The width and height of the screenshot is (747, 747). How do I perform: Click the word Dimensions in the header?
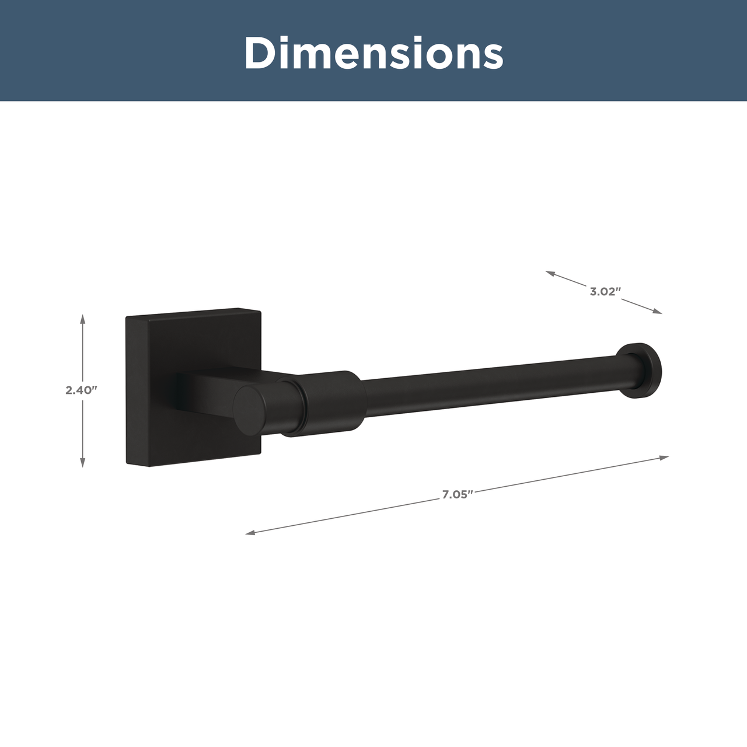(373, 53)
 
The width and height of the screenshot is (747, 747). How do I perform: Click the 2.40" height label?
(81, 390)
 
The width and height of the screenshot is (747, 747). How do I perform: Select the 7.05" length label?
(458, 495)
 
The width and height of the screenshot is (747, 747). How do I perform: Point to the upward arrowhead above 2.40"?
(82, 319)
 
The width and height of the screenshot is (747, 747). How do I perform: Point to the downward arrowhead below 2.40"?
(82, 462)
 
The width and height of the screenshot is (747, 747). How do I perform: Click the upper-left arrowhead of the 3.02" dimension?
(550, 273)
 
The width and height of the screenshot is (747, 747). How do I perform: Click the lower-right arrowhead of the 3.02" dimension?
(658, 311)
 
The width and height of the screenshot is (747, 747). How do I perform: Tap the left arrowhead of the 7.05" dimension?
(250, 533)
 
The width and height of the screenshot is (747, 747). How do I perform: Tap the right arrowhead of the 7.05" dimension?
(664, 458)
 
